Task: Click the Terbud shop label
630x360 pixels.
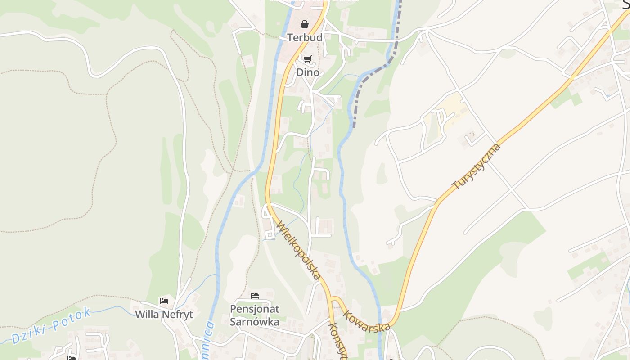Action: (305, 37)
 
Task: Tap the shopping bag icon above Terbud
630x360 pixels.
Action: (305, 24)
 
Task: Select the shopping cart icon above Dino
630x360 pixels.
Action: (308, 59)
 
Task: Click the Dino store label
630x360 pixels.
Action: (308, 72)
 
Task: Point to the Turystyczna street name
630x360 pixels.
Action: (477, 166)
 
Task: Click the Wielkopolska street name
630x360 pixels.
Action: (299, 250)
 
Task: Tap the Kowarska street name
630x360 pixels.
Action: (366, 321)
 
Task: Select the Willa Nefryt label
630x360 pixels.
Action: (164, 315)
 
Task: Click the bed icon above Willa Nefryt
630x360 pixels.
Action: (164, 301)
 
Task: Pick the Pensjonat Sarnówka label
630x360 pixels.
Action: (255, 315)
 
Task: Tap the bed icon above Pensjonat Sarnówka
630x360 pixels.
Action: (255, 296)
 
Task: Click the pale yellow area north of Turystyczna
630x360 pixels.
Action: (454, 110)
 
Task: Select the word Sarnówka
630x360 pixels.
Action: (255, 322)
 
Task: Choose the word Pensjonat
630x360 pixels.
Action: (255, 309)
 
